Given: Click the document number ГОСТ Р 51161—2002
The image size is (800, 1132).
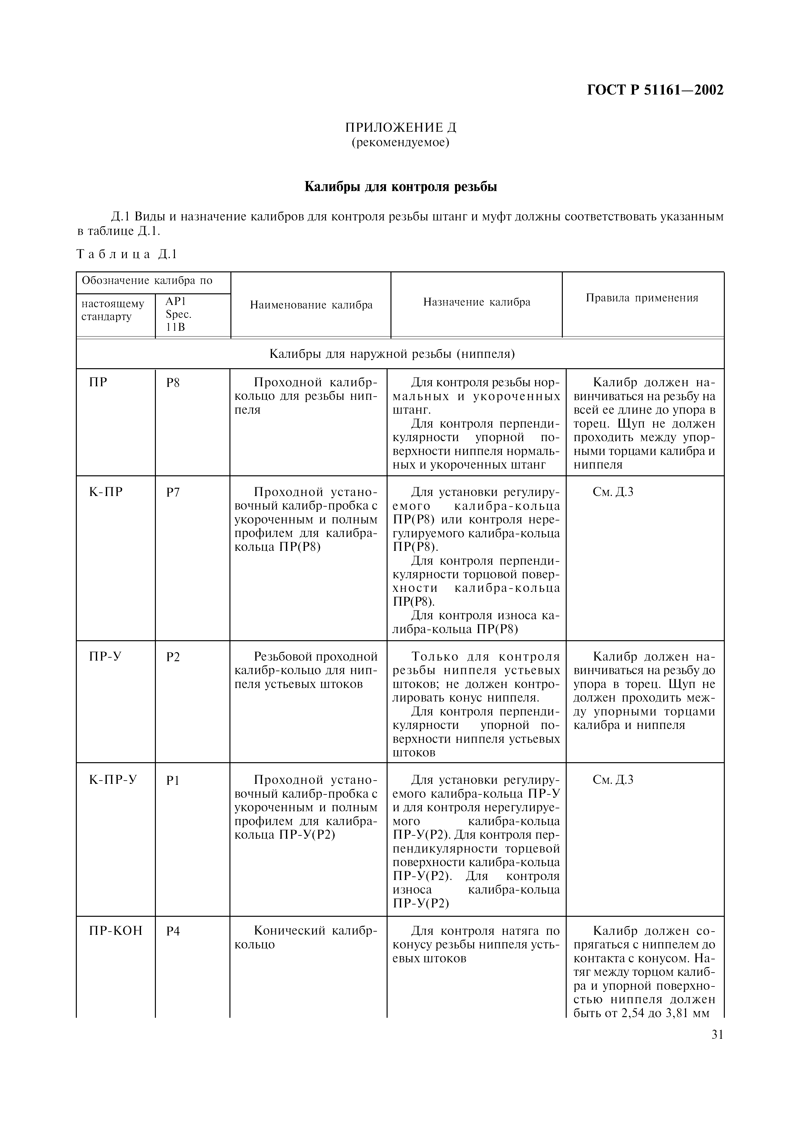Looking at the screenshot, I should pyautogui.click(x=655, y=90).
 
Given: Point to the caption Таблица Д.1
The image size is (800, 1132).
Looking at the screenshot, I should pyautogui.click(x=127, y=254).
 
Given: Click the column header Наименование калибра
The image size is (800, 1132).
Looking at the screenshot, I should pyautogui.click(x=311, y=305).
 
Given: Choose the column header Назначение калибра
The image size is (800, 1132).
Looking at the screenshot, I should pyautogui.click(x=477, y=302).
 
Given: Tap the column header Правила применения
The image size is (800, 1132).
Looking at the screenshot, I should pyautogui.click(x=642, y=298).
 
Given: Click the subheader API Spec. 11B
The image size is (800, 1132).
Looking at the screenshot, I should pyautogui.click(x=178, y=314).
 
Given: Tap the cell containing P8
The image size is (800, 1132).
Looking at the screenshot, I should pyautogui.click(x=173, y=383).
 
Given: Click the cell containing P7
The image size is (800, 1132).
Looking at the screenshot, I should pyautogui.click(x=173, y=492).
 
